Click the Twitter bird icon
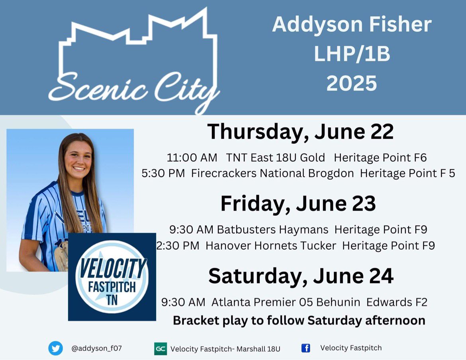tap(56, 348)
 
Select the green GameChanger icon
tap(160, 348)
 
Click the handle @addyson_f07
tap(96, 348)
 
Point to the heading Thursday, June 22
tap(300, 132)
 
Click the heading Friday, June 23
tap(298, 203)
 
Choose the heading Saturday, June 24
tap(301, 276)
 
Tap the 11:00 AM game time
tap(192, 158)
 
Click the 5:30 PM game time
tap(163, 174)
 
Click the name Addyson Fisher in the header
tap(352, 25)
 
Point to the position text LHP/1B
tap(352, 55)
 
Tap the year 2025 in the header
tap(352, 83)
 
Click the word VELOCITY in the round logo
tap(112, 269)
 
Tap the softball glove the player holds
tap(62, 255)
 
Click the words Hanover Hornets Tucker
tap(271, 246)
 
